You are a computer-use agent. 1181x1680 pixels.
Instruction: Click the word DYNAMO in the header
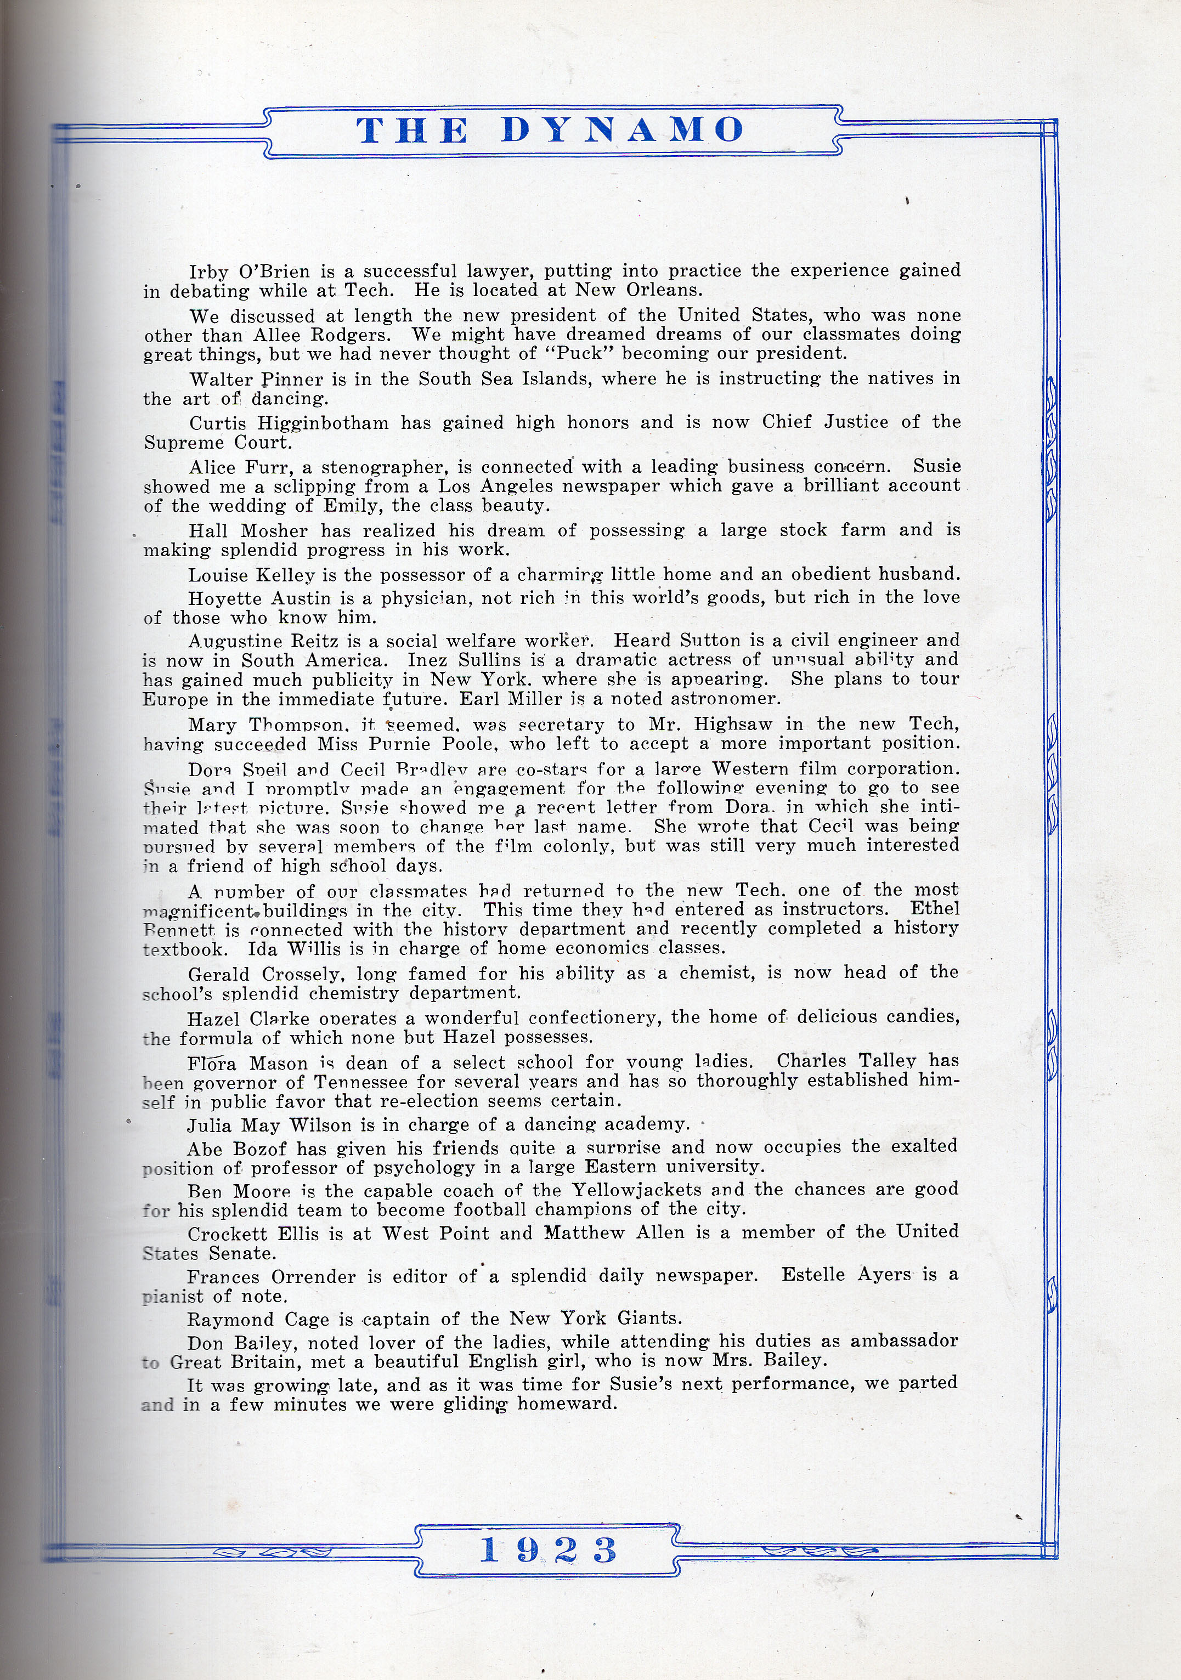pyautogui.click(x=623, y=130)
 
